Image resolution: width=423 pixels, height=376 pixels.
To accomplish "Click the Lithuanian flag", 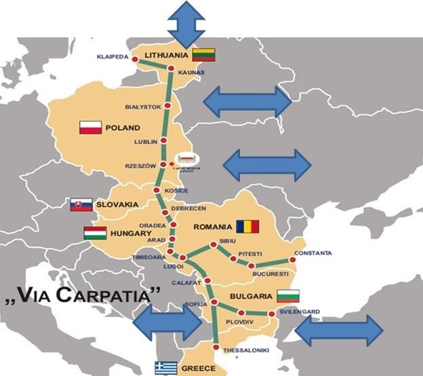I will (x=203, y=55).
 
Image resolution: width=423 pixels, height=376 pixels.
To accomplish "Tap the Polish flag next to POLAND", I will (x=90, y=128).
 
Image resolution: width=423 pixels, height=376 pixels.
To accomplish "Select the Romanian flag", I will (x=248, y=226).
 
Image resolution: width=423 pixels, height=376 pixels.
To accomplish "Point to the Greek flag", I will (x=165, y=368).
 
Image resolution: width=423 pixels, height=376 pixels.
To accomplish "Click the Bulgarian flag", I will (x=287, y=296).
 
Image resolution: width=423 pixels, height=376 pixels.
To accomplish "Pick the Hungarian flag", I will (x=94, y=233).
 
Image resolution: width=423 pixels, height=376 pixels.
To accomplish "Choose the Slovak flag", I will (x=81, y=204).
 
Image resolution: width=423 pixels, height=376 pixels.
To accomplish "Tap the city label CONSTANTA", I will (x=313, y=253).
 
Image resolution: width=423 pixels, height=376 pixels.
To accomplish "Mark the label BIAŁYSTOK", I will (x=143, y=107).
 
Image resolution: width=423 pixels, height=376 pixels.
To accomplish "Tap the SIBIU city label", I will (x=228, y=242).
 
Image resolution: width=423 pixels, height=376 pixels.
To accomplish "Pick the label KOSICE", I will (x=176, y=191).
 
